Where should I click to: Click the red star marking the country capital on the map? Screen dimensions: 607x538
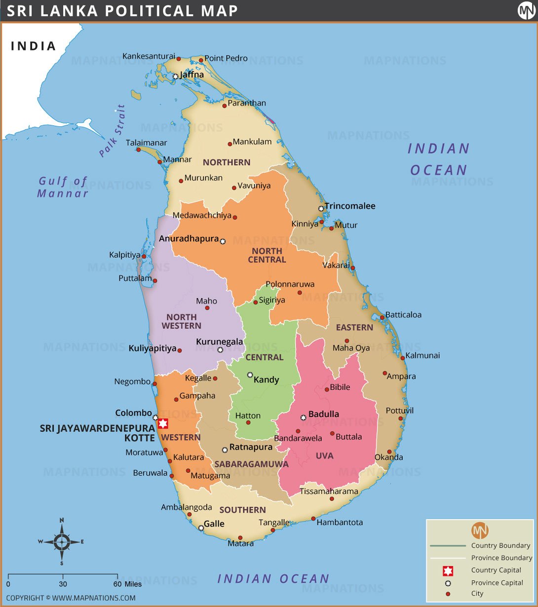click(x=162, y=424)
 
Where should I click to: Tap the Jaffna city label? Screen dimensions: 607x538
click(x=192, y=75)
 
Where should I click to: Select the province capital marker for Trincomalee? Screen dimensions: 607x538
click(x=321, y=209)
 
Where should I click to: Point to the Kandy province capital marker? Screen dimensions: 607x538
click(x=250, y=375)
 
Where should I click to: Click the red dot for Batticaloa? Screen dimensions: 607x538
click(x=382, y=317)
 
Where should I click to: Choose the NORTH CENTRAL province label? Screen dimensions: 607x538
click(x=267, y=255)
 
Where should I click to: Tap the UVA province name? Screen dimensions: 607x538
click(x=325, y=455)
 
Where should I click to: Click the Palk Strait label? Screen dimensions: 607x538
click(x=112, y=131)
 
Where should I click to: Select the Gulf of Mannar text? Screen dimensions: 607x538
click(x=63, y=187)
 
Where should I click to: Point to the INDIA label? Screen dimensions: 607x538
click(x=34, y=46)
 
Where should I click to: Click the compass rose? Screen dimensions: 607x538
click(x=62, y=542)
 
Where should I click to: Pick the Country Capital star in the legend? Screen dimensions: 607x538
click(x=448, y=570)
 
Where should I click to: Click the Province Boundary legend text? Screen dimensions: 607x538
click(x=501, y=558)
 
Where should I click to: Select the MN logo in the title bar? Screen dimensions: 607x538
click(x=526, y=11)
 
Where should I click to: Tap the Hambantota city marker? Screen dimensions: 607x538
click(x=313, y=519)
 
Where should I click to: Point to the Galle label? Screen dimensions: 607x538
click(x=214, y=524)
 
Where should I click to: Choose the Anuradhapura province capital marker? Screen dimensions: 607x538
click(x=223, y=241)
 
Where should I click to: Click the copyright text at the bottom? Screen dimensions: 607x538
click(x=71, y=598)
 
